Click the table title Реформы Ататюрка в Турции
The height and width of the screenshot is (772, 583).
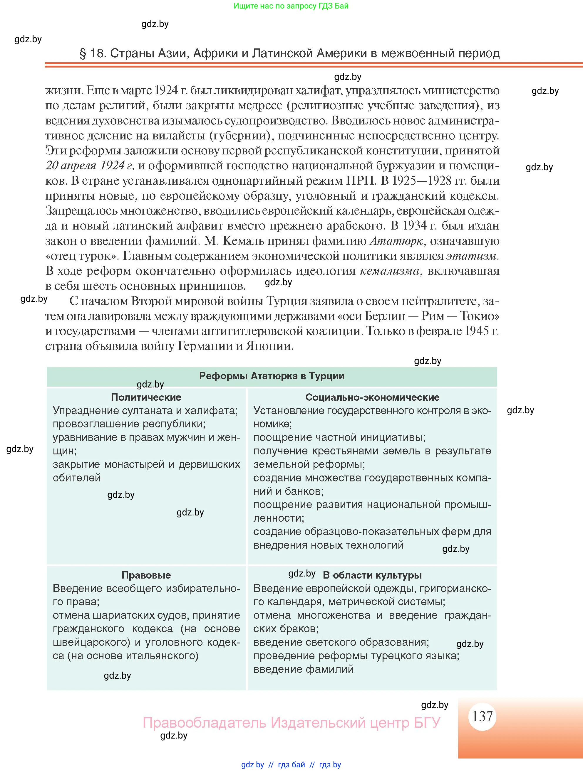click(x=272, y=376)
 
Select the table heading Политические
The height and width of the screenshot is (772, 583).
click(x=146, y=397)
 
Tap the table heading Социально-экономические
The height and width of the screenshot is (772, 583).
click(x=372, y=397)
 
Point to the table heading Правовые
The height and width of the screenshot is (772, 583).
click(x=146, y=575)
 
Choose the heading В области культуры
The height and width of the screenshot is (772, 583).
click(x=372, y=575)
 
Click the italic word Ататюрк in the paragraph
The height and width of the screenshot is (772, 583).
click(x=396, y=241)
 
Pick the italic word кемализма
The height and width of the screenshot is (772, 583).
click(x=389, y=271)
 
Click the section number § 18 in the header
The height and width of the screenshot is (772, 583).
click(x=92, y=53)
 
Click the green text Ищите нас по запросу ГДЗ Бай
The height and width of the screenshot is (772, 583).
click(x=291, y=6)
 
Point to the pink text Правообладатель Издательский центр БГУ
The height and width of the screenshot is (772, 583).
click(x=291, y=722)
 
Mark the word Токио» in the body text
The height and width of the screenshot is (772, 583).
click(x=479, y=316)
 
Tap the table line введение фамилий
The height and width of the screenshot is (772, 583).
click(x=303, y=669)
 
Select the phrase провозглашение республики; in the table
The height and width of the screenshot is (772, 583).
click(x=129, y=424)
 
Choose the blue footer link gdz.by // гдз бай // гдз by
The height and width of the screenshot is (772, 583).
click(x=291, y=765)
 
